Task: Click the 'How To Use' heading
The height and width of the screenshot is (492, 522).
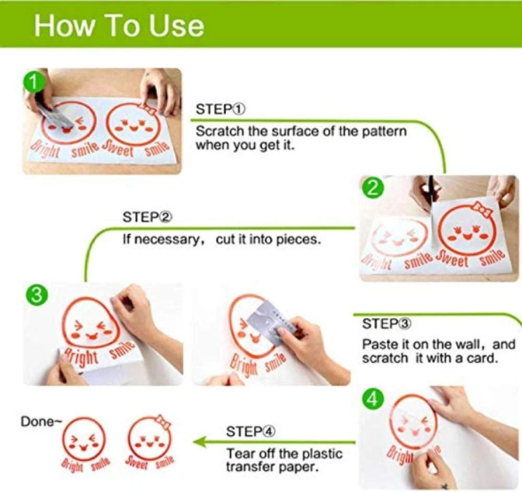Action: [x=119, y=26]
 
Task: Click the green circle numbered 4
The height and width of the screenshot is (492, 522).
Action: [x=373, y=399]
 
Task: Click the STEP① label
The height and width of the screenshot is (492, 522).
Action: [x=220, y=109]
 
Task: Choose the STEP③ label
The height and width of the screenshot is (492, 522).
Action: [x=387, y=323]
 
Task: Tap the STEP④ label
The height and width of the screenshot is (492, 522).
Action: [x=251, y=432]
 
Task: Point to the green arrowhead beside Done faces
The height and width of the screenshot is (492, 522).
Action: [x=199, y=442]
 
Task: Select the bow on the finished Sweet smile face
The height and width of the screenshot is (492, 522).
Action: [x=163, y=421]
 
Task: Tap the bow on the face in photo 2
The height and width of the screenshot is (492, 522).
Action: [x=482, y=210]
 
